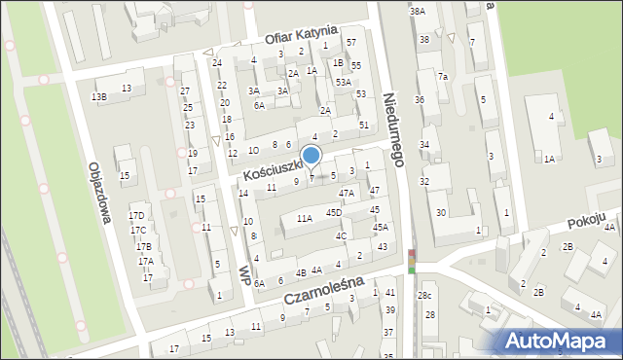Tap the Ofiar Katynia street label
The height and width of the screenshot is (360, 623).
(x=301, y=37)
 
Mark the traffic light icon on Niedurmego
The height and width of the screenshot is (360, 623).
(x=411, y=261)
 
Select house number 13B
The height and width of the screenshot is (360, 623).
(x=98, y=96)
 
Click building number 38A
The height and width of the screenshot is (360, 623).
(x=417, y=11)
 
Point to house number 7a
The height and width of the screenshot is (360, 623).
(x=442, y=77)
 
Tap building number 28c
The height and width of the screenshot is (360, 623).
(x=424, y=295)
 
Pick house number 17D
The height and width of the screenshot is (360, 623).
(x=136, y=215)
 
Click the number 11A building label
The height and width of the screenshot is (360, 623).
(x=305, y=219)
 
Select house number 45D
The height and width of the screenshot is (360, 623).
(x=333, y=212)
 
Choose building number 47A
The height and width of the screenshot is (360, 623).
(x=346, y=193)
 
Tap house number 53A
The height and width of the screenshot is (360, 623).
(x=343, y=83)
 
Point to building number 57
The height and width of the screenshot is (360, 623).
(x=350, y=43)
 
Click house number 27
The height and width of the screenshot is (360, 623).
(x=185, y=90)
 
